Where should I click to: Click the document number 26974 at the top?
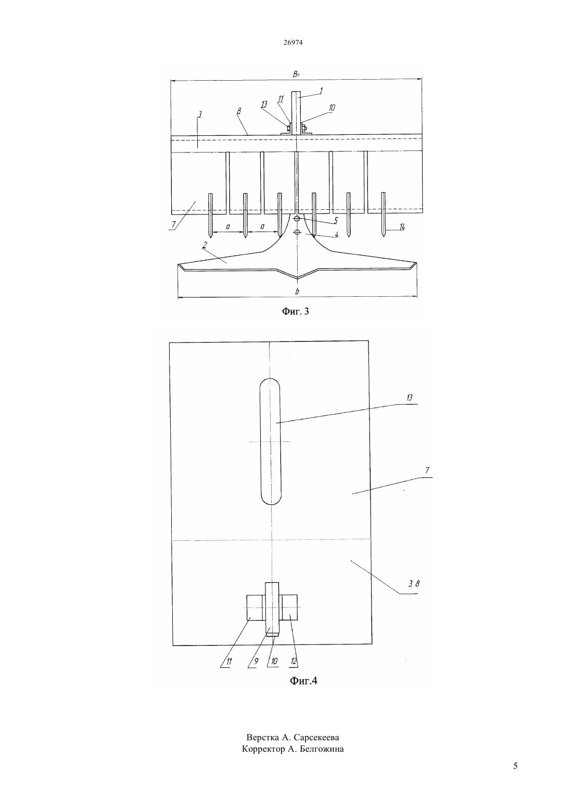click(x=293, y=42)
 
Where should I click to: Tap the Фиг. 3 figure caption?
click(x=296, y=311)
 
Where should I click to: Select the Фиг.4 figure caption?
click(x=303, y=680)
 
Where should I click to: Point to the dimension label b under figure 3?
click(x=297, y=291)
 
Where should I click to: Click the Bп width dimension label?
click(x=296, y=74)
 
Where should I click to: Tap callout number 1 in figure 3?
click(x=321, y=91)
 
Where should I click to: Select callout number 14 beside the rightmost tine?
click(x=402, y=227)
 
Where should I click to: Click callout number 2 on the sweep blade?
click(x=205, y=245)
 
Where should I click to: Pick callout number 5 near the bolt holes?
click(x=336, y=220)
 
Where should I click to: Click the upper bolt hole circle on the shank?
click(x=297, y=219)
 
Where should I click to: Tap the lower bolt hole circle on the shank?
click(x=297, y=232)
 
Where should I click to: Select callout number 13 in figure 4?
click(x=409, y=398)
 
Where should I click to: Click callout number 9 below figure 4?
click(x=256, y=661)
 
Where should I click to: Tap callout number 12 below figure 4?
click(x=294, y=661)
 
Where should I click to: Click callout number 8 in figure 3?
click(x=238, y=111)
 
